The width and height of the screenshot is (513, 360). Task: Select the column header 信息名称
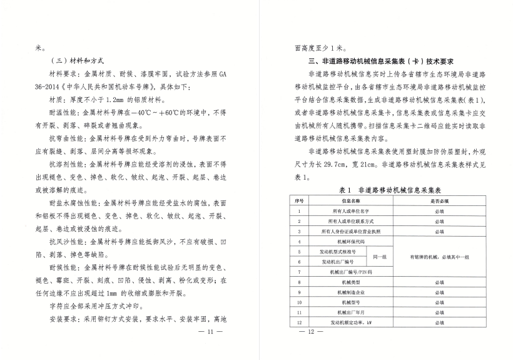click(349, 202)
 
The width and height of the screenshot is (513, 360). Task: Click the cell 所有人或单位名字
click(349, 212)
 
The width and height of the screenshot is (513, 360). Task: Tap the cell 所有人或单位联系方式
click(349, 222)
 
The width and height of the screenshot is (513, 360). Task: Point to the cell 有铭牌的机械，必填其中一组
click(440, 257)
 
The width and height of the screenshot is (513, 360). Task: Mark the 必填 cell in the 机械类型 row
click(440, 282)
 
